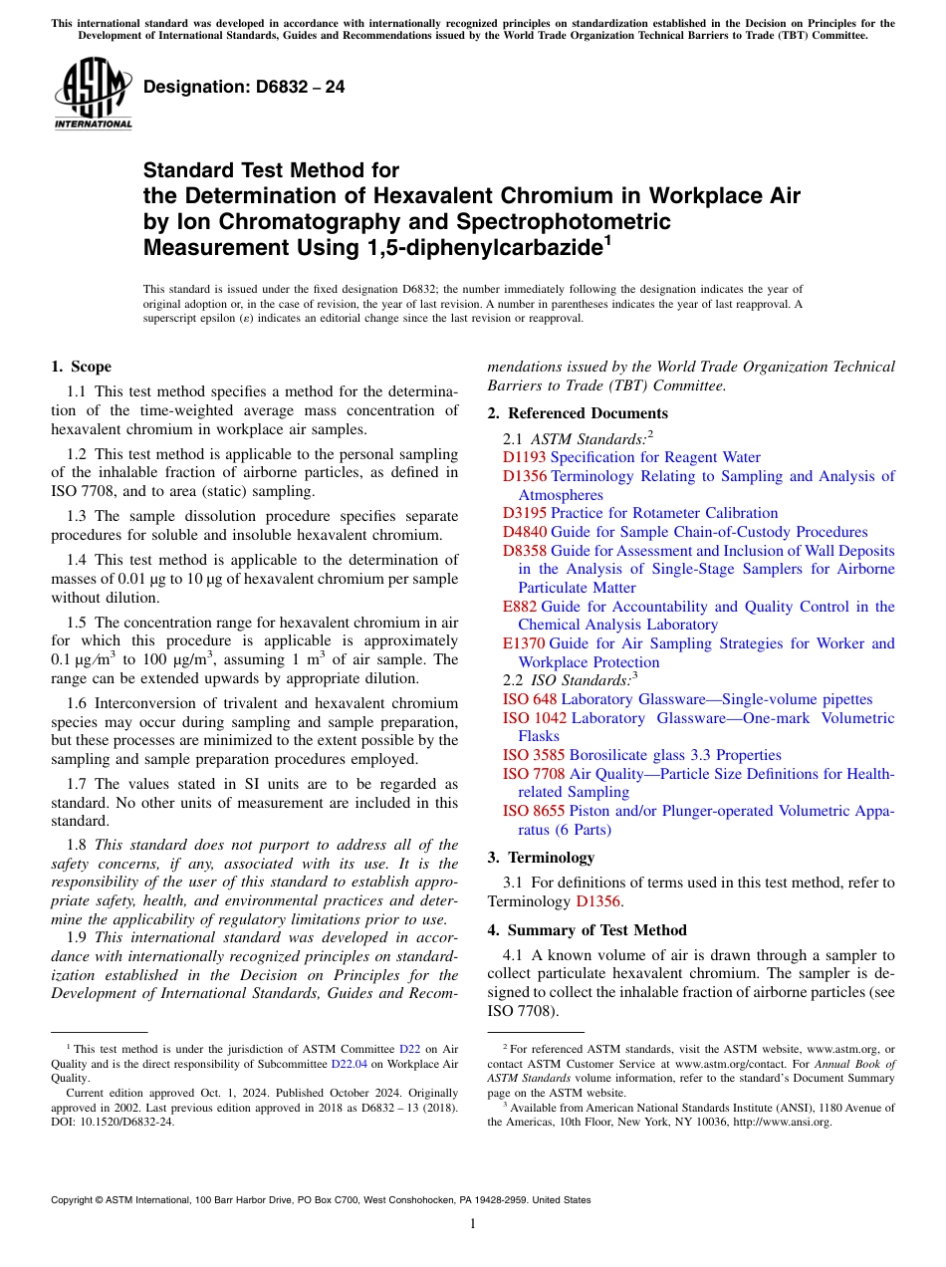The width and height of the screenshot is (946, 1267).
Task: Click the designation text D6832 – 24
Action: click(244, 87)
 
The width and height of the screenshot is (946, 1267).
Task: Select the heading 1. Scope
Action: click(82, 367)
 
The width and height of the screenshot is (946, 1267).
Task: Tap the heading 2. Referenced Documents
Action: click(578, 413)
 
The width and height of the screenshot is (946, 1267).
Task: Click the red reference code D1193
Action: click(524, 457)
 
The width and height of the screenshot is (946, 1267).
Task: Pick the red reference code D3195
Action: click(524, 513)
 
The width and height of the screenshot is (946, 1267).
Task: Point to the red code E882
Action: click(520, 607)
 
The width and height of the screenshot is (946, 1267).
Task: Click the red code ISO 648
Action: click(530, 699)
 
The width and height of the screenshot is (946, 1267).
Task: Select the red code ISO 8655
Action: click(534, 811)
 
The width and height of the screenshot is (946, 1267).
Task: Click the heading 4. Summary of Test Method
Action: click(587, 930)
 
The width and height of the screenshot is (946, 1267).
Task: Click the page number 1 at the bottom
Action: click(473, 1223)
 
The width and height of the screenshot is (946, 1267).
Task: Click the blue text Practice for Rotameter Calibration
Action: click(664, 513)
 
